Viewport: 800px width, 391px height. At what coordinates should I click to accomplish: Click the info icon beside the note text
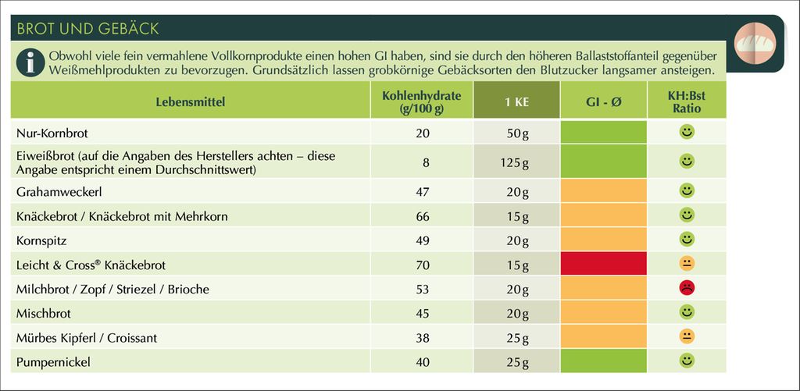(x=29, y=62)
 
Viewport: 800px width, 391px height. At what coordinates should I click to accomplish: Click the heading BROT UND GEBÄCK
(x=87, y=29)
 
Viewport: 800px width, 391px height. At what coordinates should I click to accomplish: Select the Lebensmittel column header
(x=190, y=102)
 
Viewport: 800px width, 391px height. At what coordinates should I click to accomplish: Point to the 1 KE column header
(x=516, y=102)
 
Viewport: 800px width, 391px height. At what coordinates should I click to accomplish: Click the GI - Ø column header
(x=603, y=102)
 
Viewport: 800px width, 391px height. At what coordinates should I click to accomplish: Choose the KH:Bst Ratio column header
(x=686, y=102)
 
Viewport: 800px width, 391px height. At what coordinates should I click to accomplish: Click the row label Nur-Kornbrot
(x=52, y=133)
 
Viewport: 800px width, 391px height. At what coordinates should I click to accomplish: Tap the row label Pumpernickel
(x=53, y=363)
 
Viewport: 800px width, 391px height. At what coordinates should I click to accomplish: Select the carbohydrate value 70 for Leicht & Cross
(x=423, y=265)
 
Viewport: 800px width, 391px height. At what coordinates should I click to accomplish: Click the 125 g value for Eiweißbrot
(x=516, y=163)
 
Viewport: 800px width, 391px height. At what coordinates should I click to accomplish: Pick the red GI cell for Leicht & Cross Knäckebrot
(x=603, y=265)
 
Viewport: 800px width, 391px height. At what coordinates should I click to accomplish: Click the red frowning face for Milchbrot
(x=687, y=288)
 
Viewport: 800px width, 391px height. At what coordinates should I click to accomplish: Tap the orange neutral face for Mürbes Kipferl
(x=687, y=337)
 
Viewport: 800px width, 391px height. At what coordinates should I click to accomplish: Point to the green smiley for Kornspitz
(x=687, y=238)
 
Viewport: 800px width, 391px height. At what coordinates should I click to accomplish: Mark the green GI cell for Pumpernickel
(x=603, y=362)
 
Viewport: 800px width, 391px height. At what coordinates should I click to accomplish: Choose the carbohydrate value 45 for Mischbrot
(x=423, y=314)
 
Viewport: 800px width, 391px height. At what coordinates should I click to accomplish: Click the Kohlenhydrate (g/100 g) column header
(x=422, y=102)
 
